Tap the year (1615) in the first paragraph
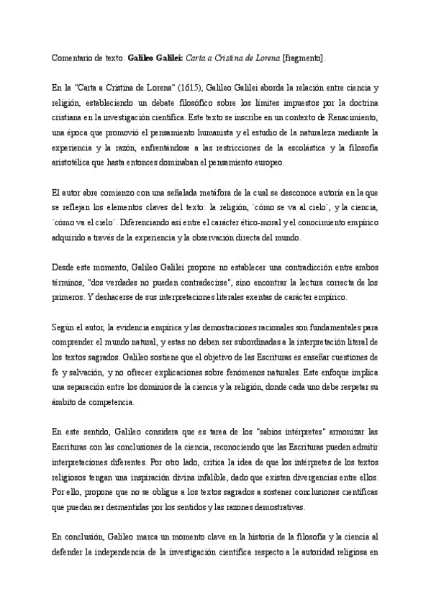click(x=171, y=88)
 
